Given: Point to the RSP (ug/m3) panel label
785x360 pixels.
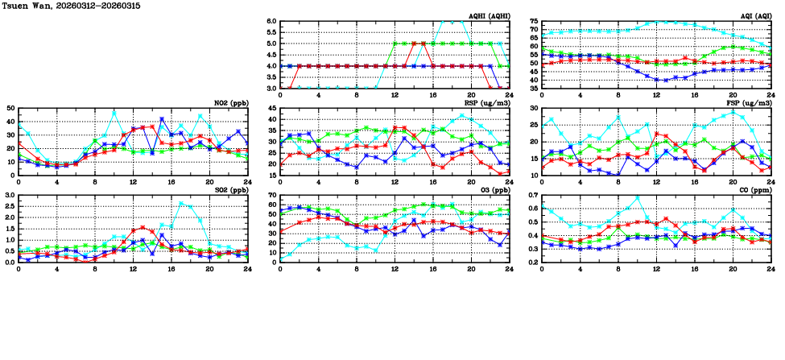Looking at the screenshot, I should pyautogui.click(x=486, y=103).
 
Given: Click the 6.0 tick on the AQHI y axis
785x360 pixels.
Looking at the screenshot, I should pyautogui.click(x=271, y=22).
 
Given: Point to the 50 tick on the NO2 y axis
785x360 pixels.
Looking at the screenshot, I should pyautogui.click(x=10, y=108).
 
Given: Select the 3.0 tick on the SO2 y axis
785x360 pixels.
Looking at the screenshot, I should pyautogui.click(x=9, y=196).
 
